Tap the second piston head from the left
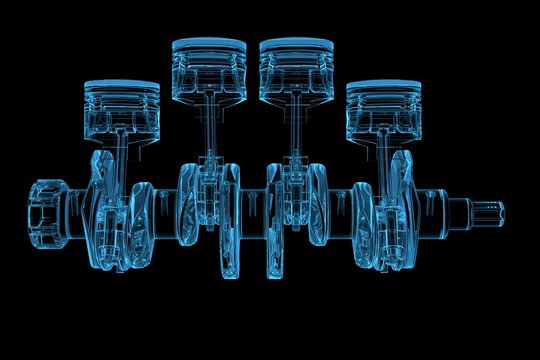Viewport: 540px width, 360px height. [x=209, y=64]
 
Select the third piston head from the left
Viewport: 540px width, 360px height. [x=297, y=64]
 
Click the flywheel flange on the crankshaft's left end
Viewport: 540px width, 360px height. [x=46, y=212]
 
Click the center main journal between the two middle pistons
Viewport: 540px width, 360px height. [x=253, y=212]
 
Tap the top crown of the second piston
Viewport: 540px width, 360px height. [x=209, y=44]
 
